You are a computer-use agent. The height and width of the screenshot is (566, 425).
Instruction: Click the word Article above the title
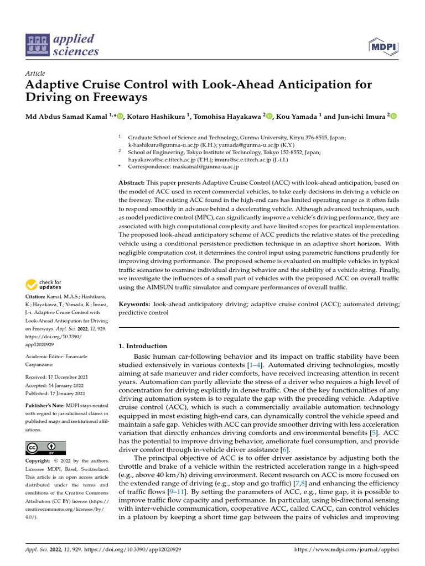point(35,74)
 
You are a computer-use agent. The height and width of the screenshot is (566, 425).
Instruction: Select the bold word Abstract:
point(132,182)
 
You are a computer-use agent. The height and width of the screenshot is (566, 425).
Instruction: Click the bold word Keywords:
point(134,304)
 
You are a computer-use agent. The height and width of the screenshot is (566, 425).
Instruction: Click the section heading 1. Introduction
point(143,346)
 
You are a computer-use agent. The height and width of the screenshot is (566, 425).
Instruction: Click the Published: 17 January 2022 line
point(55,394)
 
